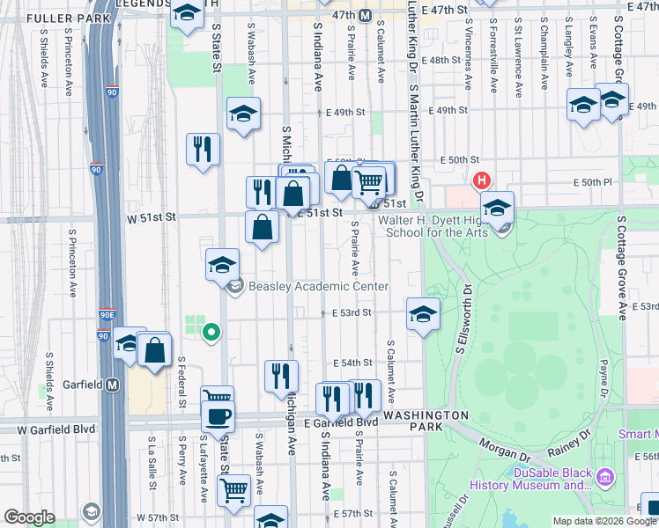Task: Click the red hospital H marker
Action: [x=481, y=182]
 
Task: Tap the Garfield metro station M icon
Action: [x=112, y=385]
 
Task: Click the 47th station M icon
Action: [x=375, y=15]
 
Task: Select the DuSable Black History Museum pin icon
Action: [x=604, y=478]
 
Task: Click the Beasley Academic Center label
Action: [x=319, y=286]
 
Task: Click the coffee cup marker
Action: [x=217, y=415]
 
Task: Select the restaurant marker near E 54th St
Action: [x=281, y=374]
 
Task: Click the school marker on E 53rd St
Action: [x=423, y=313]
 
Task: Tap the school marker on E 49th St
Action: [x=243, y=113]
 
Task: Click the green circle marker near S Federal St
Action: [x=211, y=332]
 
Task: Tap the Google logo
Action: [x=29, y=517]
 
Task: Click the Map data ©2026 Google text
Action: [x=603, y=521]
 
